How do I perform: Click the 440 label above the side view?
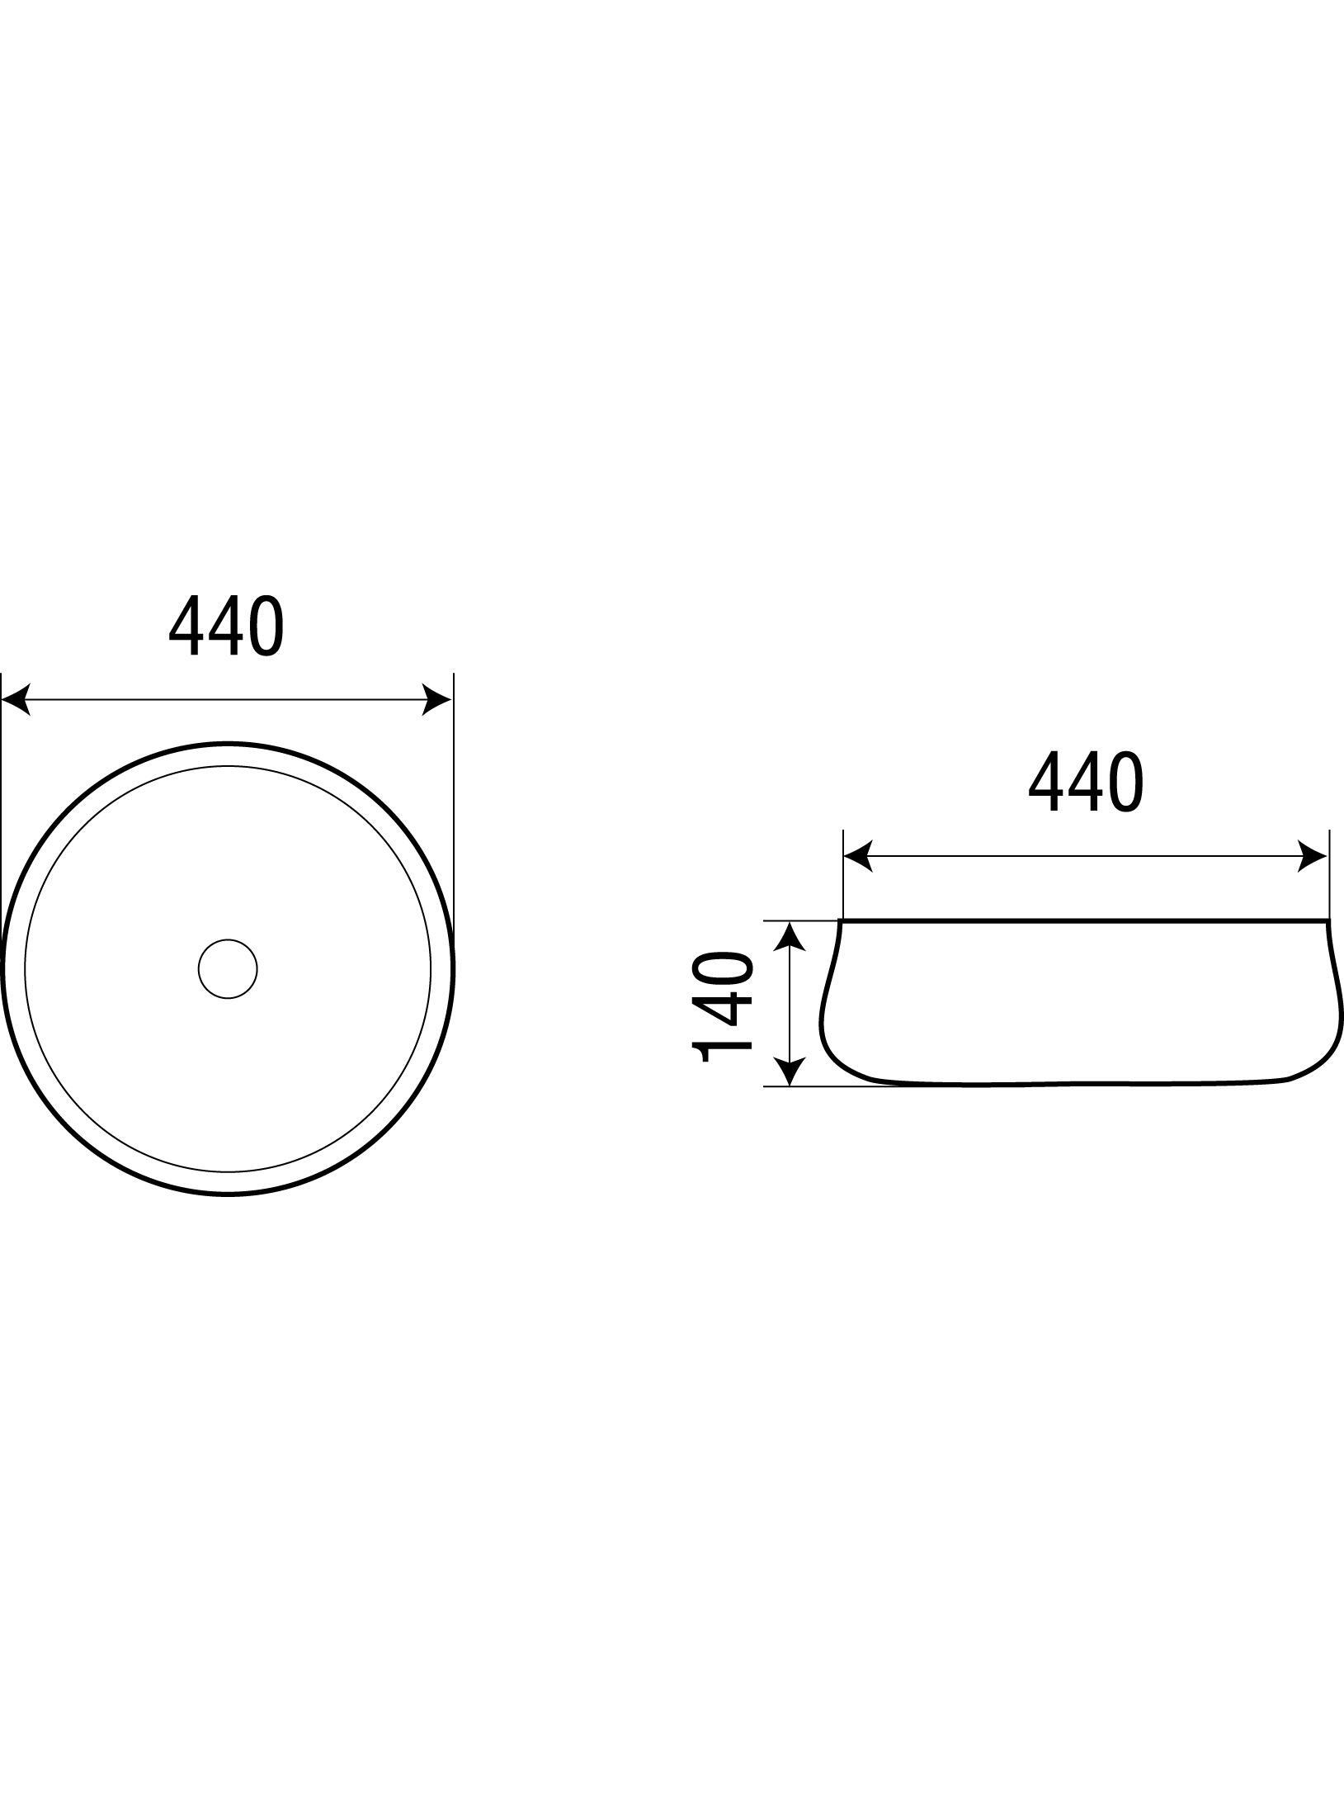pos(1086,781)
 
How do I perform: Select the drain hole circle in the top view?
pos(228,968)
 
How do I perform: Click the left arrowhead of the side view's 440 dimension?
pos(858,856)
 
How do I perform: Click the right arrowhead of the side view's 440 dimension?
pos(1313,856)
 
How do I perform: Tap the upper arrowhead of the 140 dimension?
pos(791,937)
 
